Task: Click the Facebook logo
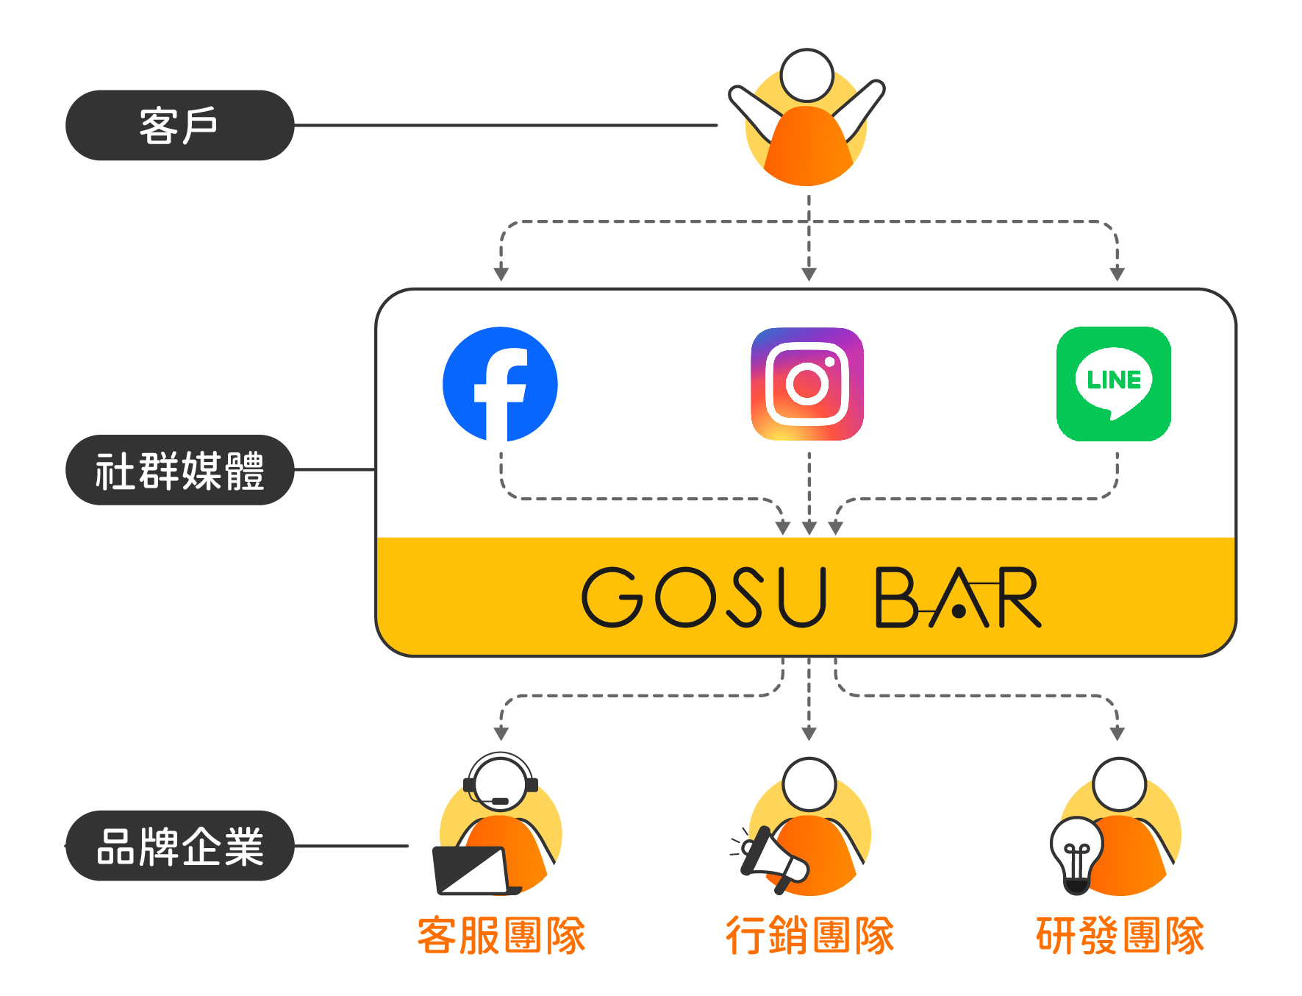[x=500, y=384]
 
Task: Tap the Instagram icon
[x=807, y=384]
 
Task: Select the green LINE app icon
[x=1113, y=384]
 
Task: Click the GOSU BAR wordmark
[x=811, y=597]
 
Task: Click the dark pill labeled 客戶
[x=179, y=125]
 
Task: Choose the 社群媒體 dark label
[x=179, y=470]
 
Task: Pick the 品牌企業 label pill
[x=179, y=846]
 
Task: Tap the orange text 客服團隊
[x=501, y=936]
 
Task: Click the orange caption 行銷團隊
[x=809, y=936]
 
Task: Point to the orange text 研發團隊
[x=1120, y=936]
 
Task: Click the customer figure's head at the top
[x=806, y=75]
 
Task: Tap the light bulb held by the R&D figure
[x=1076, y=853]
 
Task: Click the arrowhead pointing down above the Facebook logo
[x=501, y=274]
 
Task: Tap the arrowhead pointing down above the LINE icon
[x=1117, y=274]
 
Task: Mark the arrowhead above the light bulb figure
[x=1117, y=733]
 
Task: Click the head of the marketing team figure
[x=809, y=784]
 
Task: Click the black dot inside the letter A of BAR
[x=959, y=611]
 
